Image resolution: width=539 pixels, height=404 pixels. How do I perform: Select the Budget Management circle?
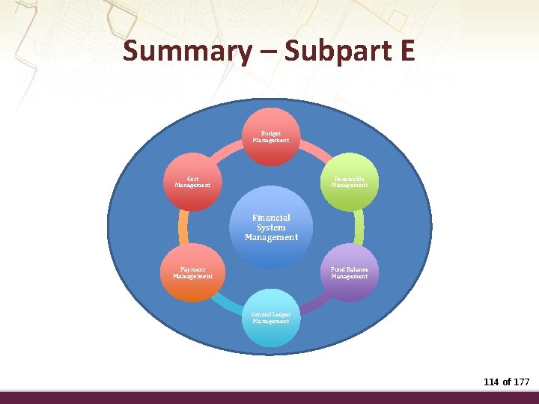271,137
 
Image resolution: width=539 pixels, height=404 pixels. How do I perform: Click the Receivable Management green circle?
349,183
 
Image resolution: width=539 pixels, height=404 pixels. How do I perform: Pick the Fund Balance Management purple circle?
349,272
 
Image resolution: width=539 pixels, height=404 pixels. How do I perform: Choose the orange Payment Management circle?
192,272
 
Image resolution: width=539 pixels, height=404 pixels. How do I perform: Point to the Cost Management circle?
192,183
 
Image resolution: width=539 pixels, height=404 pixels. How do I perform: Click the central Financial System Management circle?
271,227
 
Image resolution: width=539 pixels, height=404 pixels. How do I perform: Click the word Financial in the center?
271,218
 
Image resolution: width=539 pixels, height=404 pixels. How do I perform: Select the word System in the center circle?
271,227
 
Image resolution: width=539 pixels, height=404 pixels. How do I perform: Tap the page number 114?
491,382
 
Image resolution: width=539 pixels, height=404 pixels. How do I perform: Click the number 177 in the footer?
521,382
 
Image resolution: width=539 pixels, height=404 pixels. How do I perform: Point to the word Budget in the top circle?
271,132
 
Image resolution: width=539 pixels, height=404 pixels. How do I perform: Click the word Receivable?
350,179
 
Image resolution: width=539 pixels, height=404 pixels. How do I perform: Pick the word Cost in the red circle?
193,179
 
